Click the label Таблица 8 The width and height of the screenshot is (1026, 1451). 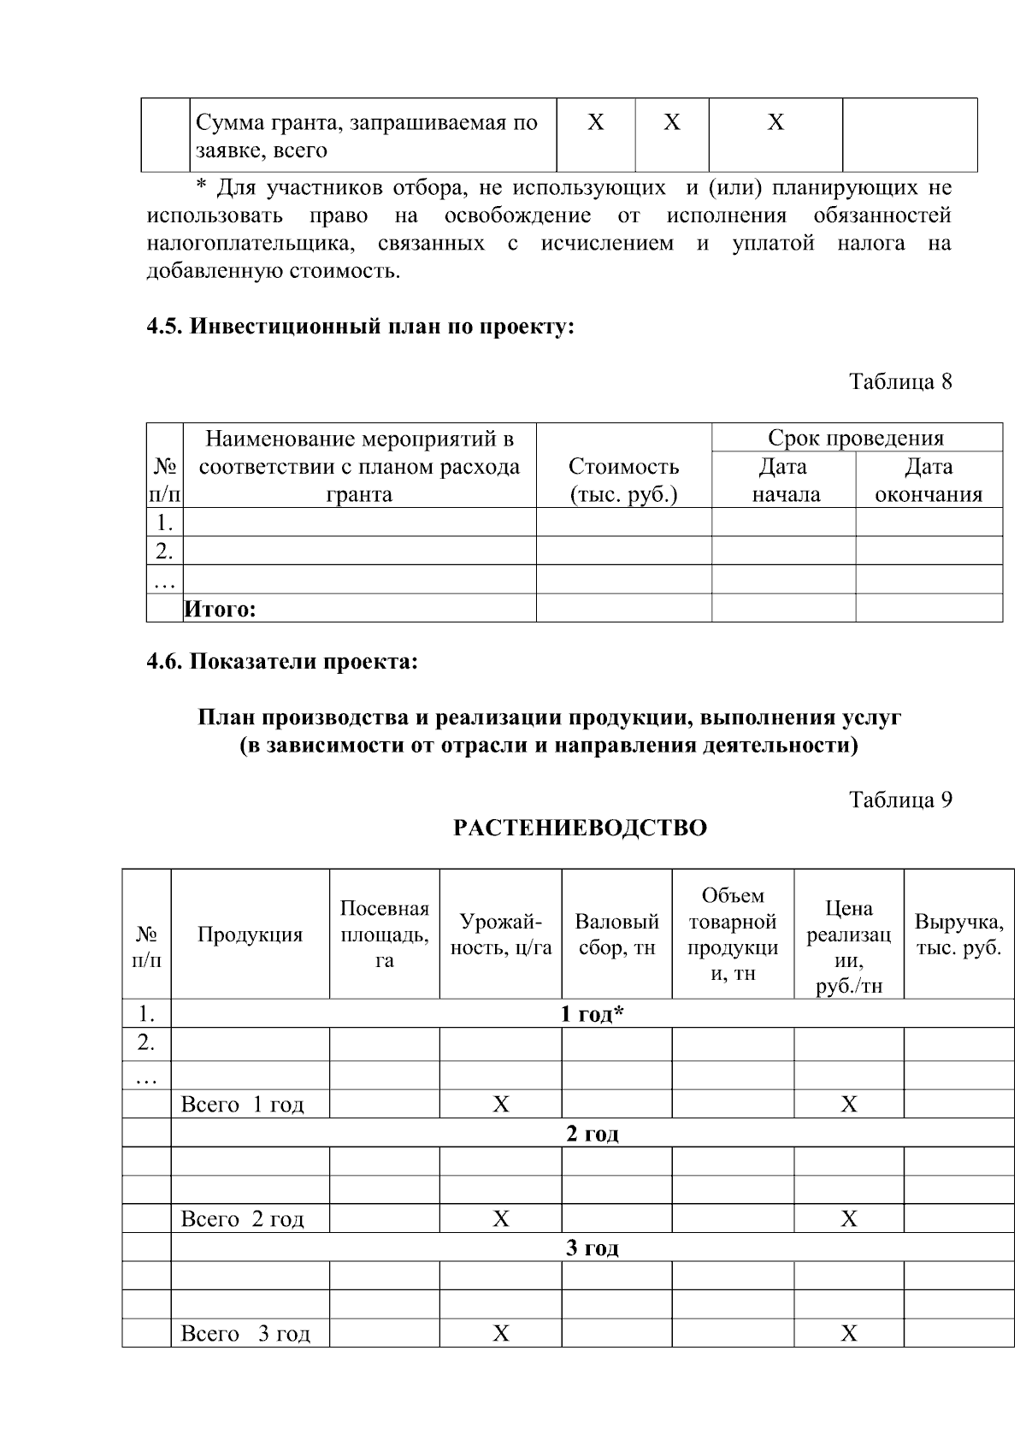(x=899, y=381)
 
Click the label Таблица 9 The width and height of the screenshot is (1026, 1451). (x=899, y=799)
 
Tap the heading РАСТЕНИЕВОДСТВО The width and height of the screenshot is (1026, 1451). (x=580, y=828)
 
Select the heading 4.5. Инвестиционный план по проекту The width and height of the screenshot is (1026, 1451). (x=360, y=327)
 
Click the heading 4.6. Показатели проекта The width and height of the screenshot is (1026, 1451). (x=282, y=661)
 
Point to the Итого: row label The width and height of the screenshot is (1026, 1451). (x=221, y=609)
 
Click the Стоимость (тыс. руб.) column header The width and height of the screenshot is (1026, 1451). (x=623, y=480)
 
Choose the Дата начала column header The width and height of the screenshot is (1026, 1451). (x=783, y=480)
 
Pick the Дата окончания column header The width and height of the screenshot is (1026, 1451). (x=929, y=480)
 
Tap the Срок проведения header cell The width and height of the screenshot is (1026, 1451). (x=856, y=438)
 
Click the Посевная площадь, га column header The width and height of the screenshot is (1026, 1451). (x=384, y=934)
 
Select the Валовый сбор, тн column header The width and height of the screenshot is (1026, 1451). (x=616, y=935)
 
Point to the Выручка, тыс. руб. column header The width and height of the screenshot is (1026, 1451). (x=958, y=935)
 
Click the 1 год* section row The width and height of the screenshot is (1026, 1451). (x=592, y=1014)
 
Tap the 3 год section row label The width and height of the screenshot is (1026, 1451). (x=592, y=1248)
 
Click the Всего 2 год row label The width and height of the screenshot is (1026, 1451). (x=242, y=1218)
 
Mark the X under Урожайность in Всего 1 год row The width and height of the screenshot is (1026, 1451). (x=500, y=1105)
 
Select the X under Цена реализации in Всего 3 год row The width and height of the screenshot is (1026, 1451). (x=848, y=1333)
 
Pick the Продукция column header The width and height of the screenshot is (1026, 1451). (x=250, y=935)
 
